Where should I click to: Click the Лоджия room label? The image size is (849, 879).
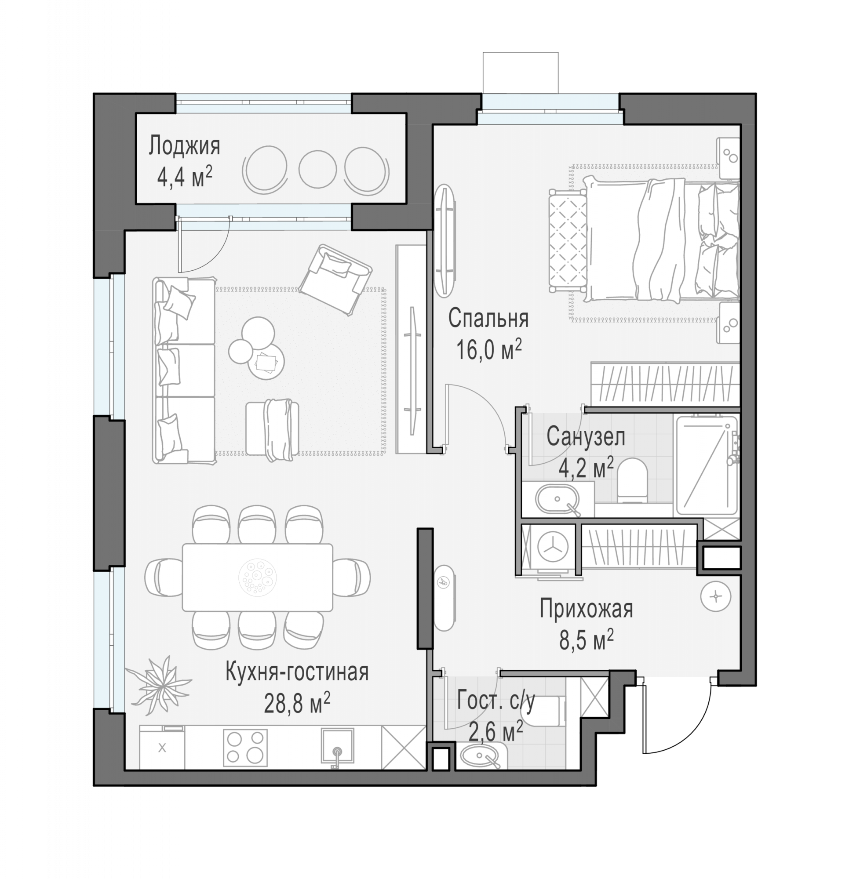(184, 146)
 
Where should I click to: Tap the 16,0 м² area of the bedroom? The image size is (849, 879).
(488, 349)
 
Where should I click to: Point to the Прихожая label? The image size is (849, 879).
(586, 610)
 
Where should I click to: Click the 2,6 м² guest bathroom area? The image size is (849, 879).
(496, 732)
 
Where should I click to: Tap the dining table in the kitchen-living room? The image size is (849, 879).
(257, 577)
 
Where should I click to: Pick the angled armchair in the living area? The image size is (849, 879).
(335, 280)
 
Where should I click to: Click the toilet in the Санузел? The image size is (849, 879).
(632, 480)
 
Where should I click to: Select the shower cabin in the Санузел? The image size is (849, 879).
(706, 465)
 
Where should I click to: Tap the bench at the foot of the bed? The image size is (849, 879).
(568, 241)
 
